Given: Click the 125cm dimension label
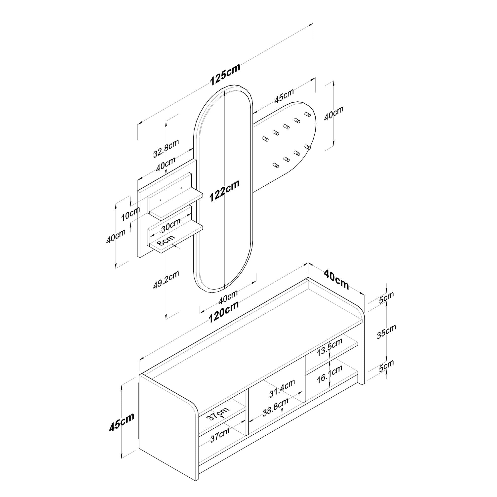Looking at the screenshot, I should click(x=225, y=74).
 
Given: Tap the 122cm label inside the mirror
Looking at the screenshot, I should click(x=224, y=190).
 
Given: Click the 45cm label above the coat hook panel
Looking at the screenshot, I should click(x=284, y=96).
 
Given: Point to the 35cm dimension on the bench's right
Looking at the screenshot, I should click(x=386, y=331).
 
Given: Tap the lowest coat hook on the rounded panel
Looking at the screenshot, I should click(x=276, y=165).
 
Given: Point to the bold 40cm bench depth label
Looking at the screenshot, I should click(x=336, y=279).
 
